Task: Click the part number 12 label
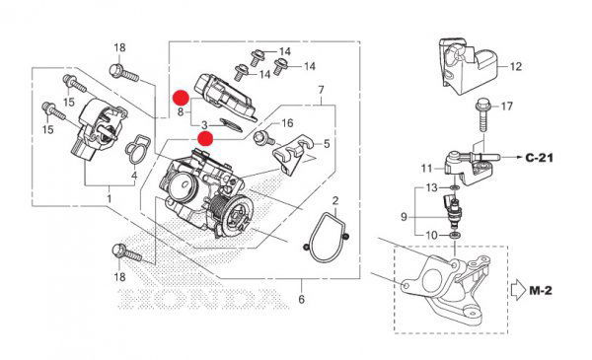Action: [515, 67]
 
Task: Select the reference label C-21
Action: [540, 158]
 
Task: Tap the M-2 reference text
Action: [541, 291]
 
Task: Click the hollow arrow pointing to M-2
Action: [518, 291]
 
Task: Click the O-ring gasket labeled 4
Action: [136, 150]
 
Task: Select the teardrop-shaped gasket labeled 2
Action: [327, 238]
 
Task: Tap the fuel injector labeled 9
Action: [452, 211]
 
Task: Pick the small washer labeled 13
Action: [455, 187]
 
